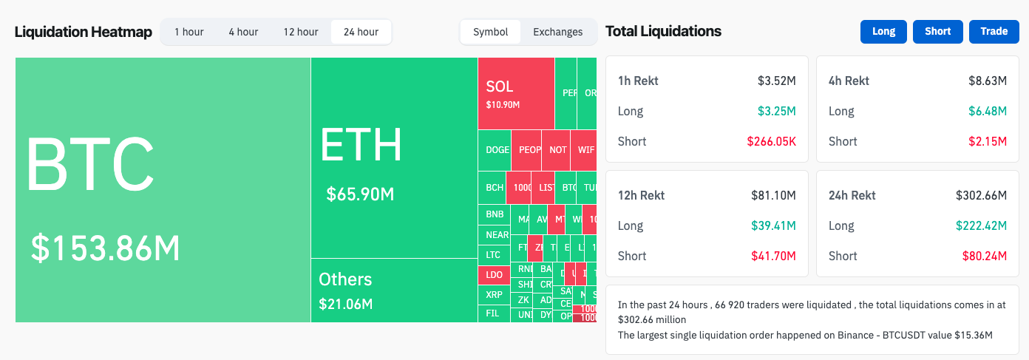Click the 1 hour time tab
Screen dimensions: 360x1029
point(189,32)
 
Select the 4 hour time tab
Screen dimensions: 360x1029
point(243,32)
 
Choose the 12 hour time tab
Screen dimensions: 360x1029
point(301,32)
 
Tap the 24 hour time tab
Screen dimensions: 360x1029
point(361,32)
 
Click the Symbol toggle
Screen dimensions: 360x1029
point(491,32)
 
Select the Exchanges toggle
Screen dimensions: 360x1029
point(557,32)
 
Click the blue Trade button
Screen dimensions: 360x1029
point(994,31)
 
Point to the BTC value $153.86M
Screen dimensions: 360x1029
point(106,248)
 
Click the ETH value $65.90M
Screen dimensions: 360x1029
point(360,194)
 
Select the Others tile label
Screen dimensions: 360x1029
point(345,279)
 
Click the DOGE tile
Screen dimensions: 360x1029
point(497,150)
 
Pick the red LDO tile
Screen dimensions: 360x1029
point(494,275)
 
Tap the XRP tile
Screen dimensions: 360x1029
point(494,295)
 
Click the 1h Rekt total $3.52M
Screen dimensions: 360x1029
point(776,81)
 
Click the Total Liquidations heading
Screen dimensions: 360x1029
point(663,31)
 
